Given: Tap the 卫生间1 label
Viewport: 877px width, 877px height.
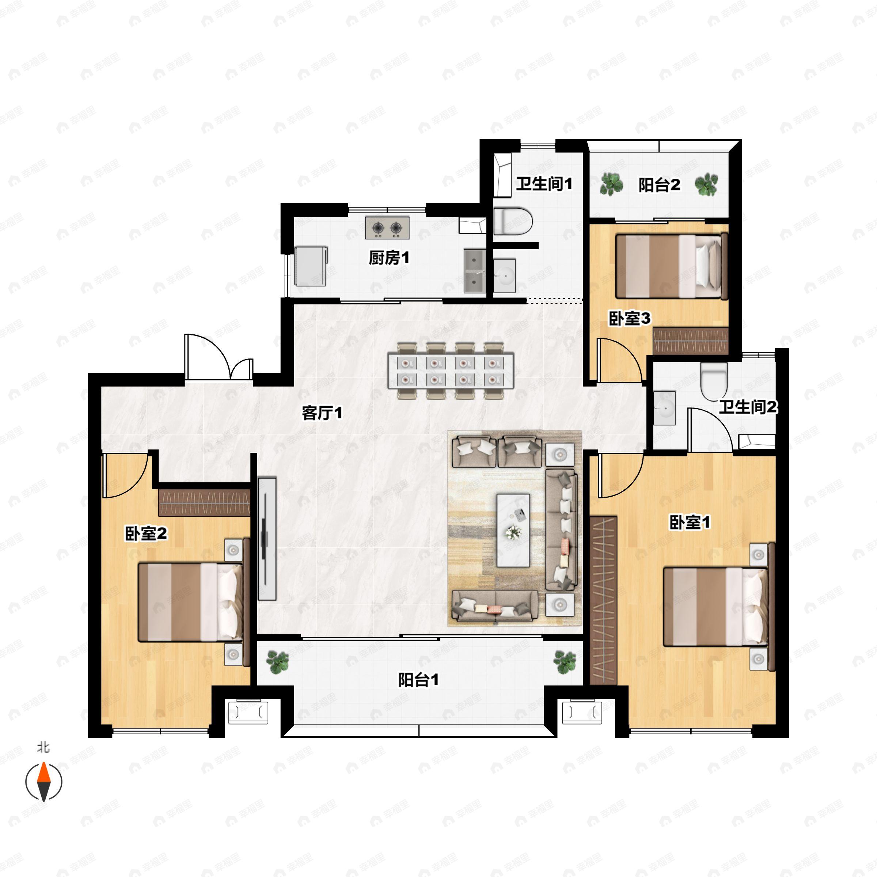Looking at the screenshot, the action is [544, 184].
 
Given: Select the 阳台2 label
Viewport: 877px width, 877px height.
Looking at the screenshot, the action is [659, 185].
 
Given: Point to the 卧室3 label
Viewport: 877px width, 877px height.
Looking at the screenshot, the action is [630, 318].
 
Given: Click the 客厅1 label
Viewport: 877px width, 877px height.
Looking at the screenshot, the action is [322, 413].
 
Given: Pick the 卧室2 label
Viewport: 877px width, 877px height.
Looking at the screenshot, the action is [146, 534].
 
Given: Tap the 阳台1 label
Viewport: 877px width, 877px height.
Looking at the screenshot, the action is [418, 680].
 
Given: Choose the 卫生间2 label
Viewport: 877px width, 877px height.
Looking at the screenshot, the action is [748, 407].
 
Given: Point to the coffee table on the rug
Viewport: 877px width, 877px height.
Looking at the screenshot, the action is [513, 530].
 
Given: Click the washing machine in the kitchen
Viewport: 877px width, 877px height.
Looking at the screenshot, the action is [311, 266].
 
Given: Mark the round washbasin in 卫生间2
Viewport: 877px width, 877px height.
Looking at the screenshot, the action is [665, 408].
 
